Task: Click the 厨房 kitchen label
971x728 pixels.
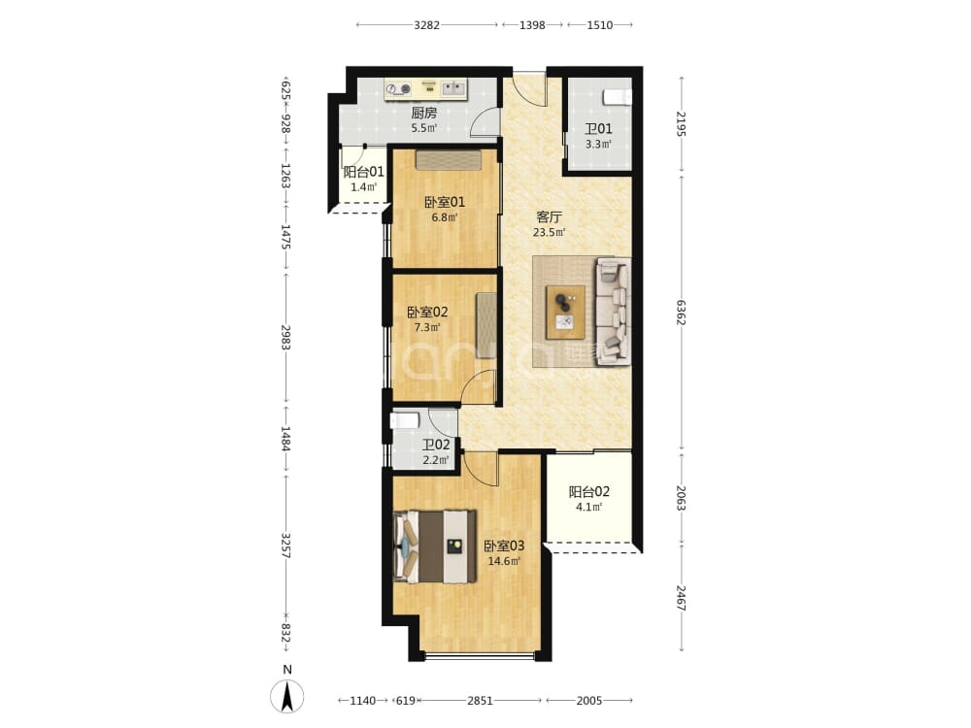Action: pyautogui.click(x=424, y=114)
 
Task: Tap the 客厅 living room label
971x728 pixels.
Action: pyautogui.click(x=550, y=217)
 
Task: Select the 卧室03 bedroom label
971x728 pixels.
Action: pyautogui.click(x=504, y=546)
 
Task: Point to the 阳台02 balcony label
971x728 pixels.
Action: pyautogui.click(x=589, y=492)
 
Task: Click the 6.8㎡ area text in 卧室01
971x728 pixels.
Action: pyautogui.click(x=445, y=217)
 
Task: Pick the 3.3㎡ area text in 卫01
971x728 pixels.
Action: pyautogui.click(x=599, y=145)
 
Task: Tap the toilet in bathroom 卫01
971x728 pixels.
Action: pyautogui.click(x=617, y=97)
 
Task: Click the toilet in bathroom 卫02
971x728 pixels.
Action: pyautogui.click(x=404, y=421)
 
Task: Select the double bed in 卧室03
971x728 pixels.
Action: pyautogui.click(x=435, y=546)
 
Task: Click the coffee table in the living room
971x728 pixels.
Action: pyautogui.click(x=565, y=312)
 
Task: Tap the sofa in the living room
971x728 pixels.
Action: pyautogui.click(x=613, y=312)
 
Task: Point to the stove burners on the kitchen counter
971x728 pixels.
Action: pyautogui.click(x=398, y=89)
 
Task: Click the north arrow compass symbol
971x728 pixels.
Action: pyautogui.click(x=287, y=696)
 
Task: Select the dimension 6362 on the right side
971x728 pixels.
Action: pyautogui.click(x=682, y=313)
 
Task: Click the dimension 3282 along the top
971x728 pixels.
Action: pyautogui.click(x=426, y=25)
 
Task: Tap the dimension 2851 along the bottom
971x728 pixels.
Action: pyautogui.click(x=480, y=701)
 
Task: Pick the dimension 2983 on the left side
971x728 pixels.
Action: pyautogui.click(x=285, y=338)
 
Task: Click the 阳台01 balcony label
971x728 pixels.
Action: pyautogui.click(x=363, y=172)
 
